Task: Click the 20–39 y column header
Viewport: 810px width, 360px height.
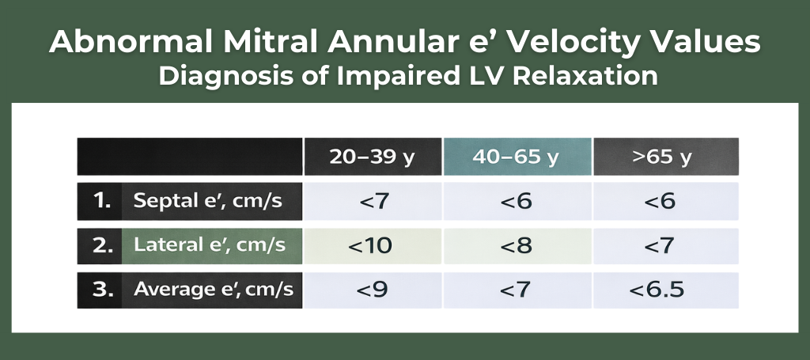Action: pyautogui.click(x=373, y=157)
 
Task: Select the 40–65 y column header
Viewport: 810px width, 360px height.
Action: pyautogui.click(x=517, y=157)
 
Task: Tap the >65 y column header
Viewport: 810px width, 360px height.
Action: pyautogui.click(x=665, y=157)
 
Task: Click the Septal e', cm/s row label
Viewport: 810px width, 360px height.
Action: pyautogui.click(x=208, y=200)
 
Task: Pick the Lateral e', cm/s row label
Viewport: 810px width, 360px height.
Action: pyautogui.click(x=209, y=244)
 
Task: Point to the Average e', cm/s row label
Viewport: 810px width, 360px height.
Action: pyautogui.click(x=214, y=290)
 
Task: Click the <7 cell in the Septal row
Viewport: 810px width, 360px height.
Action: pyautogui.click(x=373, y=202)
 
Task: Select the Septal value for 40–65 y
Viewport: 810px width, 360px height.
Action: pyautogui.click(x=517, y=202)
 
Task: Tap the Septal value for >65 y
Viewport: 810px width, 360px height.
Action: pyautogui.click(x=665, y=202)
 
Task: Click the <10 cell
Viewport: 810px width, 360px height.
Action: pyautogui.click(x=373, y=246)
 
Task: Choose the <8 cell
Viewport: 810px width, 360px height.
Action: pyautogui.click(x=517, y=246)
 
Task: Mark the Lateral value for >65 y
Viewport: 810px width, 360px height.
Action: pyautogui.click(x=665, y=246)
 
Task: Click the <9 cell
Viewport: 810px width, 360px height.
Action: pyautogui.click(x=373, y=290)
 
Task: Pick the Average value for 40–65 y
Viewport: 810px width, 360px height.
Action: pyautogui.click(x=517, y=290)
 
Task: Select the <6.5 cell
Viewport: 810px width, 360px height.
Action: pyautogui.click(x=665, y=290)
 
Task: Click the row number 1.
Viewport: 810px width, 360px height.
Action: pyautogui.click(x=102, y=201)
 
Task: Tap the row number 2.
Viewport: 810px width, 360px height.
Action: pyautogui.click(x=103, y=245)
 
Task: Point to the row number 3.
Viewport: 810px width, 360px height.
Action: pyautogui.click(x=103, y=290)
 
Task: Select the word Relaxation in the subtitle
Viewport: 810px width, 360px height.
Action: pyautogui.click(x=586, y=75)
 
